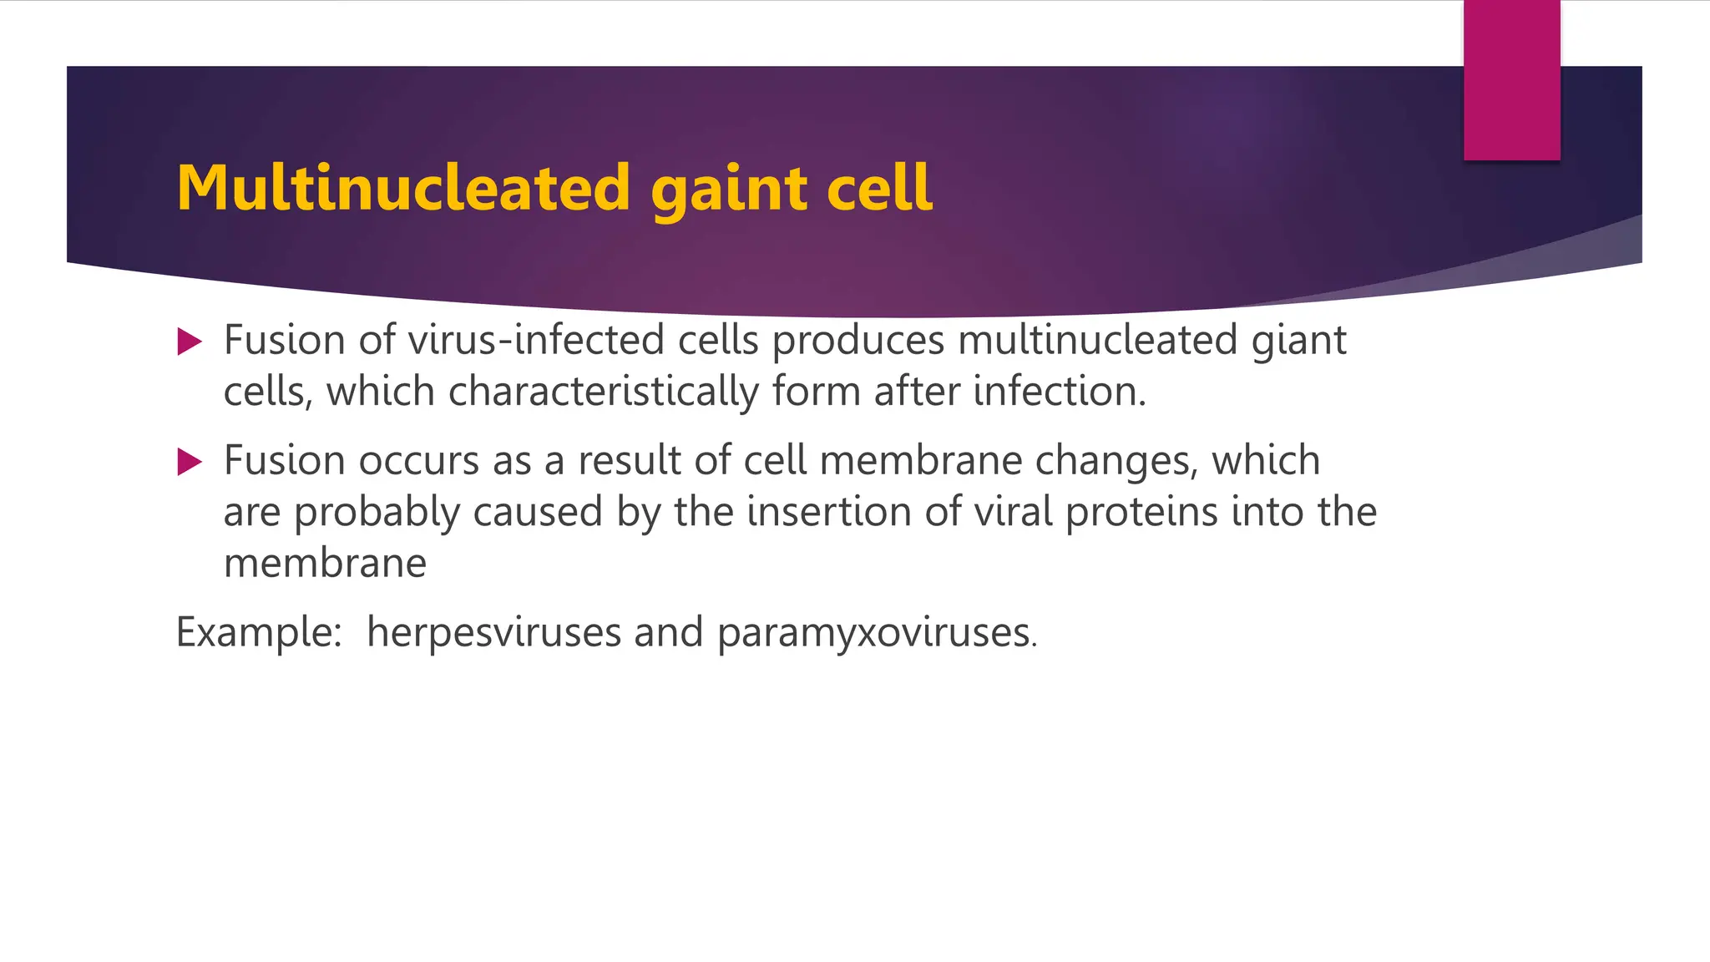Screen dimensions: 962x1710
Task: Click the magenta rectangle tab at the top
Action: [x=1511, y=80]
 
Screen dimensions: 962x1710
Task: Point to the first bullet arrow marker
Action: [x=190, y=342]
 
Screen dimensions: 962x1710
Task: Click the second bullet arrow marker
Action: [x=190, y=462]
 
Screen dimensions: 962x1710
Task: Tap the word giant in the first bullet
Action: [x=1298, y=342]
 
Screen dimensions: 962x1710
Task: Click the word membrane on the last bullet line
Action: [x=325, y=563]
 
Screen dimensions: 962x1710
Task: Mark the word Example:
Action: [x=259, y=632]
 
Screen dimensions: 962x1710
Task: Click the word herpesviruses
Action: [x=493, y=632]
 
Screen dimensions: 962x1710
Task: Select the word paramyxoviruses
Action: [x=876, y=633]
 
